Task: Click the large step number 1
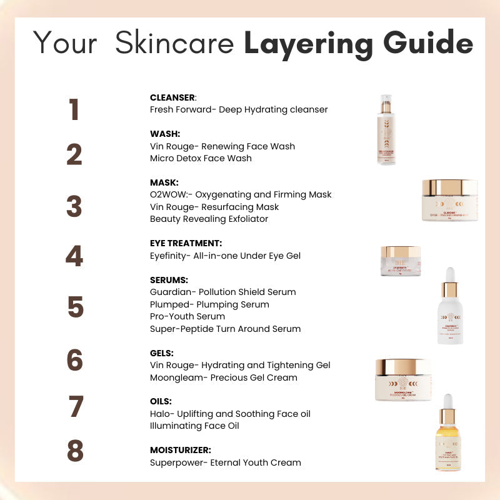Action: [74, 109]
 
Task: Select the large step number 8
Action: [75, 451]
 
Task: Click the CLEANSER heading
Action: [173, 97]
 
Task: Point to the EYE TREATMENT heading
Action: [186, 243]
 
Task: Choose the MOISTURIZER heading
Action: [180, 450]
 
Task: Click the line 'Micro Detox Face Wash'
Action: [201, 158]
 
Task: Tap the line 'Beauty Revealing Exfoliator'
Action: [209, 219]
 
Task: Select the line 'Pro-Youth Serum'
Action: [187, 316]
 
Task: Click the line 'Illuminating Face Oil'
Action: [194, 426]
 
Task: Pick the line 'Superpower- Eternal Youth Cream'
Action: [225, 462]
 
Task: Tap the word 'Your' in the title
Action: [65, 43]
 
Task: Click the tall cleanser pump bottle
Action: [386, 129]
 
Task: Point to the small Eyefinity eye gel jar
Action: [401, 261]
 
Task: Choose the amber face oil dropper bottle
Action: [447, 432]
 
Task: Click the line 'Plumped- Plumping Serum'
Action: [209, 304]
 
